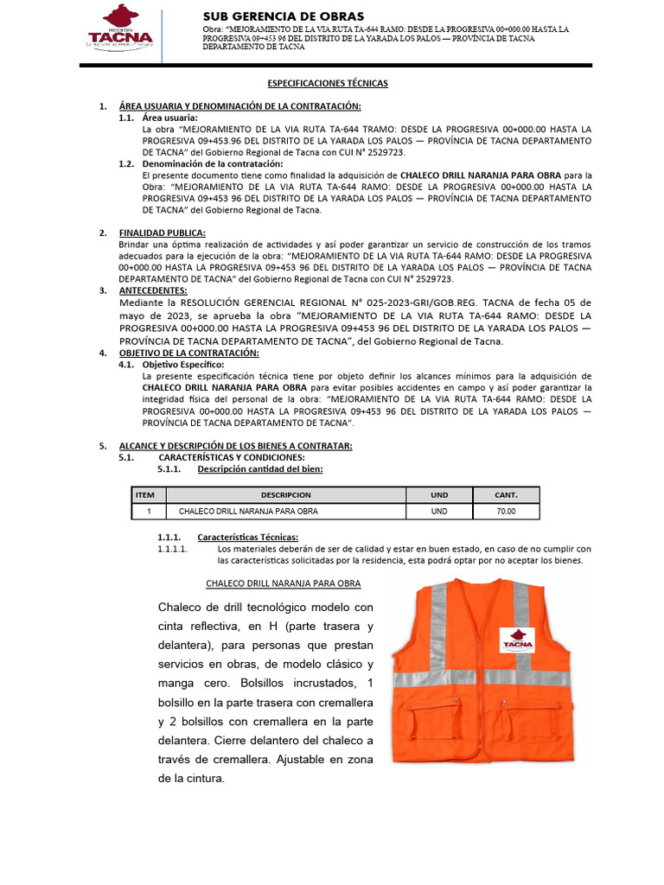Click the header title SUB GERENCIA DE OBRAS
(x=283, y=16)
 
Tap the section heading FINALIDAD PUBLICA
(x=162, y=232)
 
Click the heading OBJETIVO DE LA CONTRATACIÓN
(x=188, y=353)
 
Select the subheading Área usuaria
(x=169, y=118)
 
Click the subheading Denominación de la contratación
(x=212, y=163)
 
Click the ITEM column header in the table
(x=145, y=495)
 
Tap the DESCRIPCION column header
(x=285, y=495)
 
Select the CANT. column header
(x=506, y=495)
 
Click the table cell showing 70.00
(x=506, y=512)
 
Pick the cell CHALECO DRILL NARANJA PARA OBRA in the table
(x=248, y=512)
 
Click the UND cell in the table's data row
(x=439, y=512)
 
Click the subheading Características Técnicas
(x=247, y=537)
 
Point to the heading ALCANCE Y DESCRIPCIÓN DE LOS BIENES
(x=236, y=445)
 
